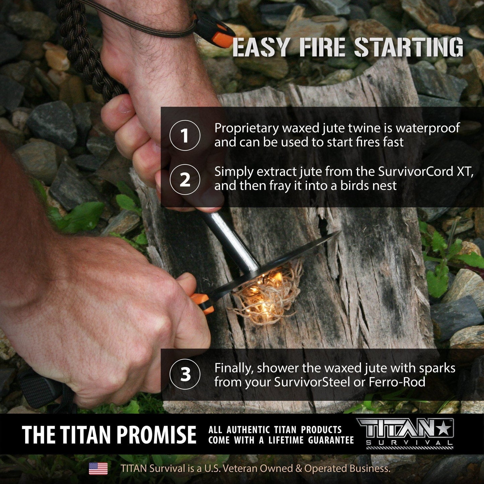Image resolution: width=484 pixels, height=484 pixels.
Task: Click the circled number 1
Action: (185, 136)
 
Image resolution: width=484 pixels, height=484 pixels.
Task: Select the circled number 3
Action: (185, 374)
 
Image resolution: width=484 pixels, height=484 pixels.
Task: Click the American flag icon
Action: (98, 468)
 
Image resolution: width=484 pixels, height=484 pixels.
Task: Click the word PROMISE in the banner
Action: (157, 434)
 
